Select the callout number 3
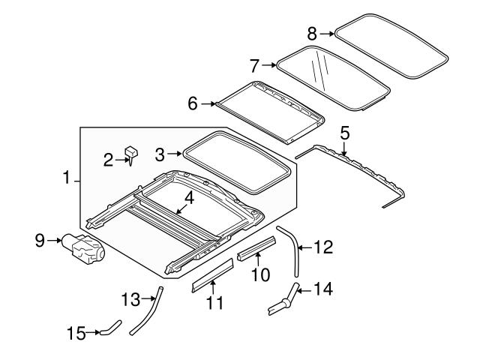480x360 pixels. [x=158, y=154]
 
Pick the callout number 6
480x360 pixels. [x=193, y=103]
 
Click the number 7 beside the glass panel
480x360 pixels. [x=254, y=65]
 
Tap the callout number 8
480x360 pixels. [x=312, y=32]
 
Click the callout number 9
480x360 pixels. [x=40, y=240]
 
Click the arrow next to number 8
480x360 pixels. [x=327, y=32]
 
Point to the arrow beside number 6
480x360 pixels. [x=208, y=103]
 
